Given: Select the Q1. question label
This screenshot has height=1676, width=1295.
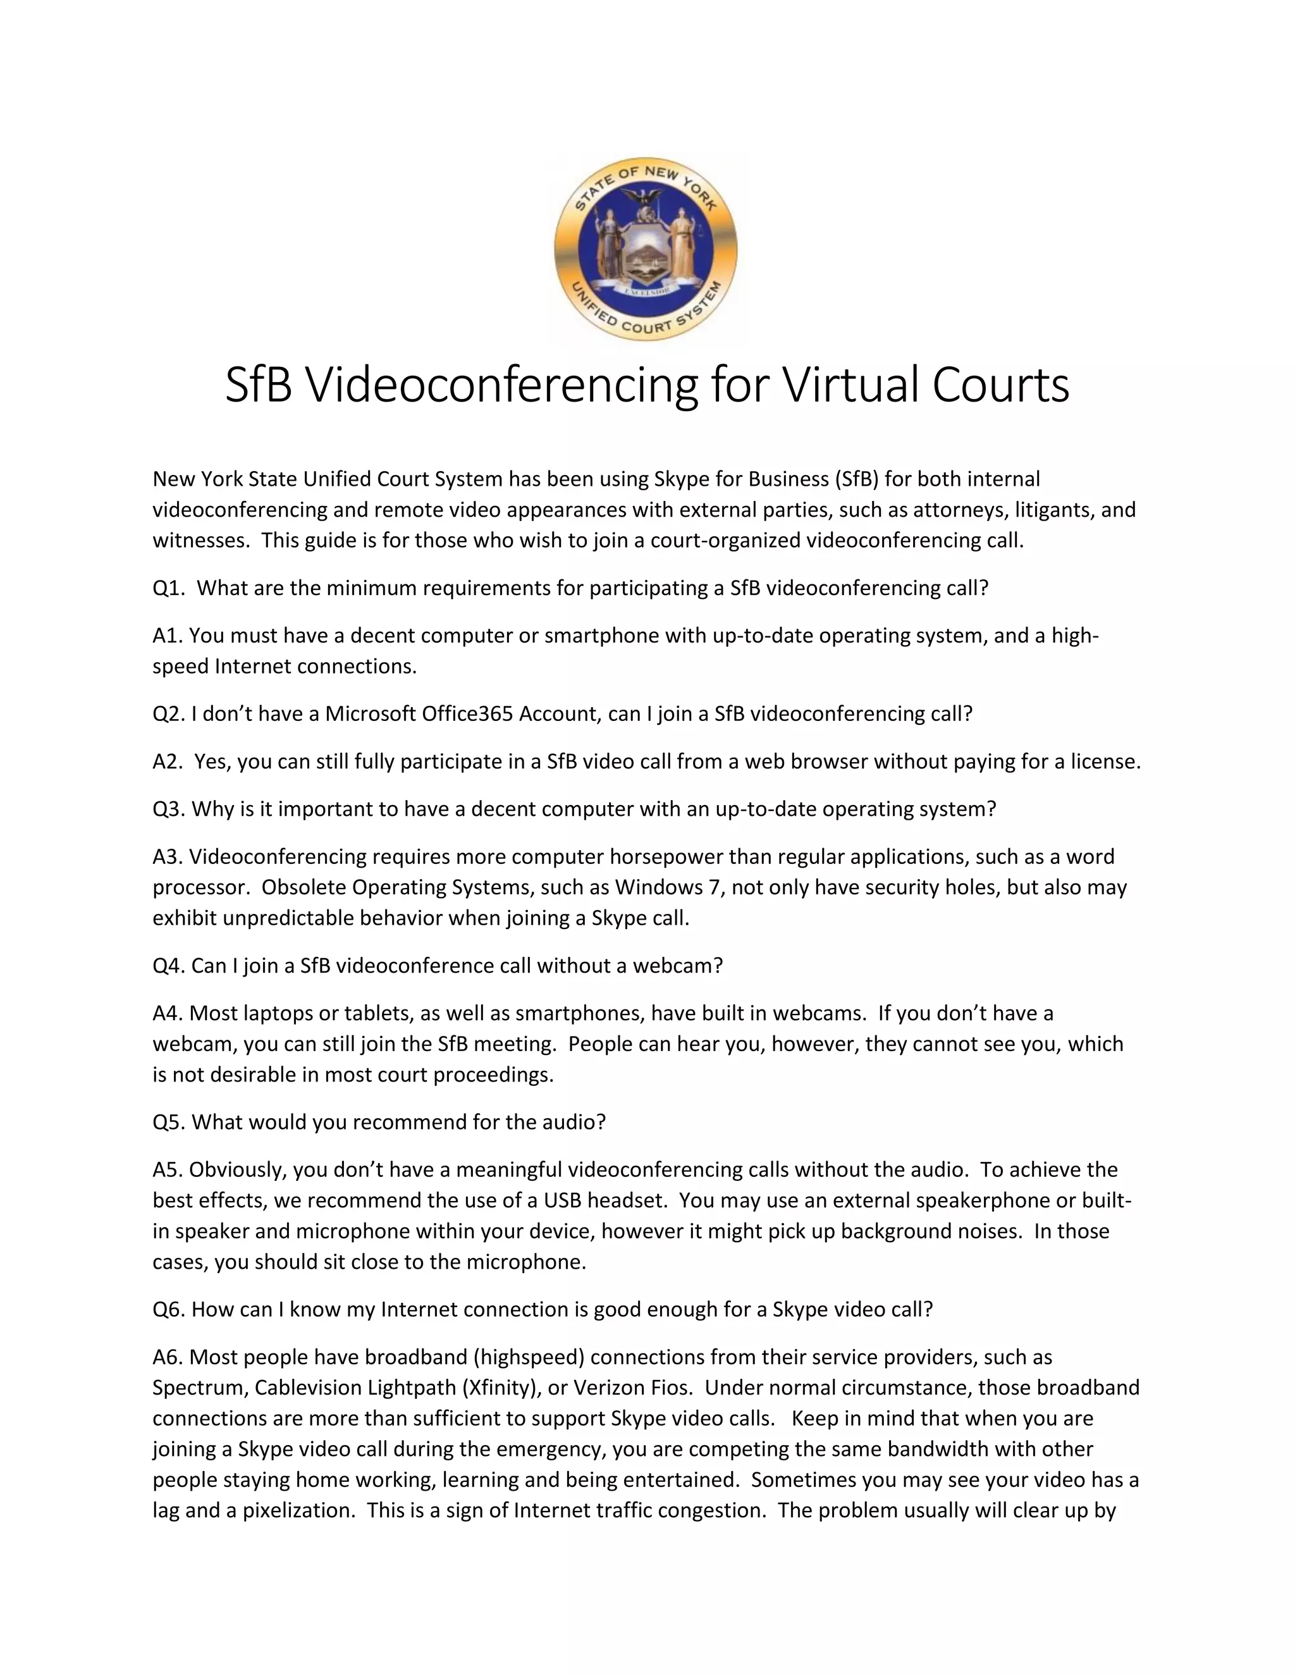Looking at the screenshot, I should point(169,589).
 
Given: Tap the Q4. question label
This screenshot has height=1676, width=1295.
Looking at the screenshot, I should point(169,966).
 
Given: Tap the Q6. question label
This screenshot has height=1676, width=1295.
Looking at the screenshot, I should point(169,1310).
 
